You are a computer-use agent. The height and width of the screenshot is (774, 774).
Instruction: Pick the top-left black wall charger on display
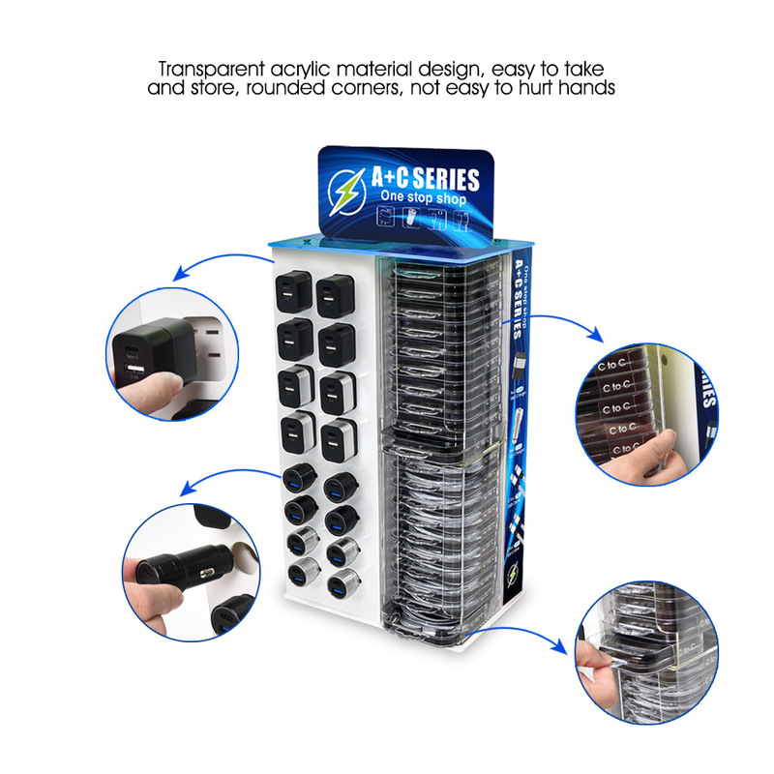coord(291,289)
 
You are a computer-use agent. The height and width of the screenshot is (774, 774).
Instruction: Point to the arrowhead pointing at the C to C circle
coord(599,339)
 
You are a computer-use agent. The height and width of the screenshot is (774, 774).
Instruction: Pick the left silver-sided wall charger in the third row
coord(291,386)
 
